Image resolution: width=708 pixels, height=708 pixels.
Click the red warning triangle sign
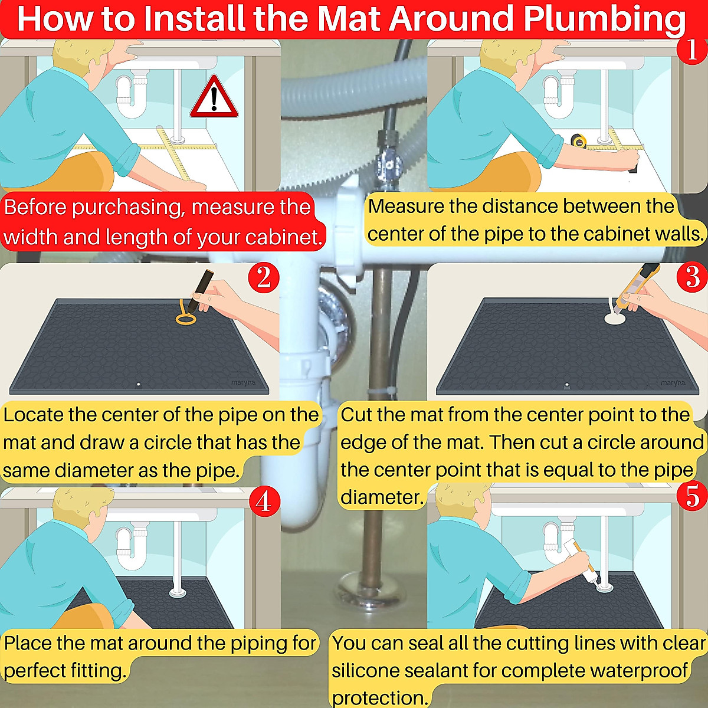(214, 99)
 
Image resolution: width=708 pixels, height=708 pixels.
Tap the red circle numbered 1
(692, 49)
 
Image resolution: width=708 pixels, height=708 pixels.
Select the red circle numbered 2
(263, 278)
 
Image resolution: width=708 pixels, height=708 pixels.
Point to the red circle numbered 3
(692, 277)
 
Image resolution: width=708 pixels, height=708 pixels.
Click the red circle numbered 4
(264, 501)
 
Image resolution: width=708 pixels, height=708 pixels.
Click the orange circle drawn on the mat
(185, 316)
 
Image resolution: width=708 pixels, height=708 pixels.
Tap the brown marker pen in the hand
(200, 290)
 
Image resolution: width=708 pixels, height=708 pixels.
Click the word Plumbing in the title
(604, 19)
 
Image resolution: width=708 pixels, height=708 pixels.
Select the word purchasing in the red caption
(129, 208)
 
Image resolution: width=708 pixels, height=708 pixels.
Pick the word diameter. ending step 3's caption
(382, 497)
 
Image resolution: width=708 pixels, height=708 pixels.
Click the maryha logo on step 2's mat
(243, 382)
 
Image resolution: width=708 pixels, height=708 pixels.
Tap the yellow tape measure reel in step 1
(579, 141)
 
